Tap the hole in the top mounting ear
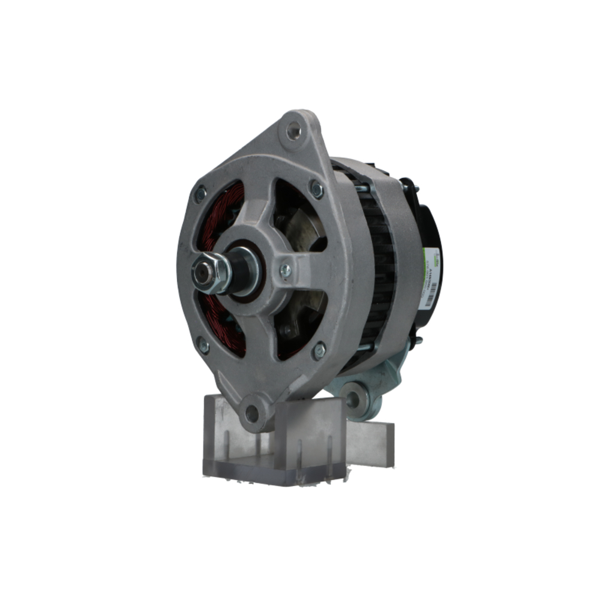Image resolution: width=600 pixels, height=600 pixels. click(293, 130)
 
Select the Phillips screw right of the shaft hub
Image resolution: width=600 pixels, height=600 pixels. click(286, 271)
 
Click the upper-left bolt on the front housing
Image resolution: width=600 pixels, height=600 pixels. click(200, 193)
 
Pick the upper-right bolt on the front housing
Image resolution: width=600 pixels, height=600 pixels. click(316, 190)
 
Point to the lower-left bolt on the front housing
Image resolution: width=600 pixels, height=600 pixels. click(203, 346)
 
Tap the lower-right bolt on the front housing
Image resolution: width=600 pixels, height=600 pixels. click(319, 350)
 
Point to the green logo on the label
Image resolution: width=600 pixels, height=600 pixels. click(427, 254)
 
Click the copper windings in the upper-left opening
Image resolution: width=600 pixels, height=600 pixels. click(225, 210)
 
